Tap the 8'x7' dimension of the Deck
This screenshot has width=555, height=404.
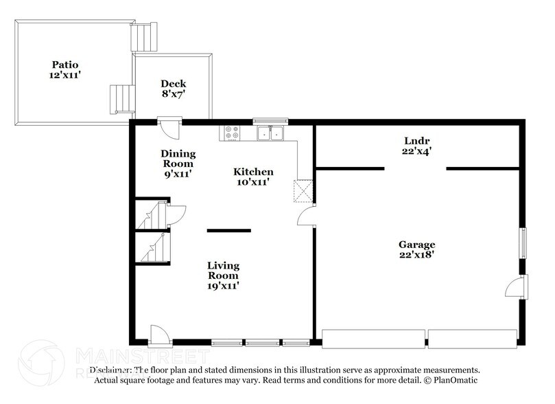point(174,94)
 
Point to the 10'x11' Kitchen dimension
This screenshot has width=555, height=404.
point(253,182)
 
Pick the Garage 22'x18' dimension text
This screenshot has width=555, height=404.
point(417,254)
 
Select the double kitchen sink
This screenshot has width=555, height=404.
point(270,133)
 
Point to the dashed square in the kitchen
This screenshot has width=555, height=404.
point(303,191)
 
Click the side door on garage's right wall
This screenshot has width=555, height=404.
point(517,287)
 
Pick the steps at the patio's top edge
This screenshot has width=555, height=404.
point(144,37)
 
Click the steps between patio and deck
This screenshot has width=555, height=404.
point(123,99)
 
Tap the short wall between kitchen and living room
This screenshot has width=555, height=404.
point(229,231)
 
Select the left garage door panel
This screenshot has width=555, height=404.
point(373,338)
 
